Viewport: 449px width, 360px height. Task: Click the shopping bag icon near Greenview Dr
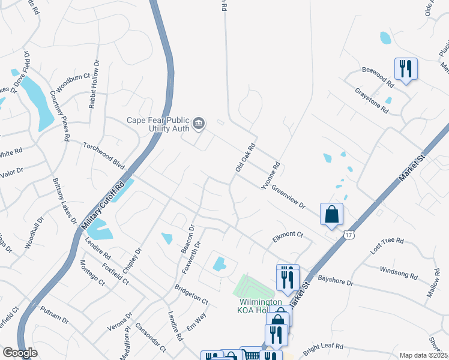point(331,214)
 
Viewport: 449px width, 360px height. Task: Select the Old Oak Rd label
point(246,158)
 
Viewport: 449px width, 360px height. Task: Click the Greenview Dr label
point(289,196)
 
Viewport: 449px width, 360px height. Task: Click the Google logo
point(20,352)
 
